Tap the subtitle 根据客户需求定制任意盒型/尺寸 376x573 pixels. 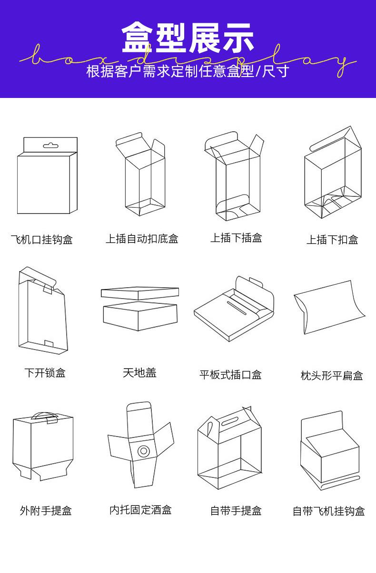click(x=188, y=72)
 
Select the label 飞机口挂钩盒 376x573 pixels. click(x=42, y=239)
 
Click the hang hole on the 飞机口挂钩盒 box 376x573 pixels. click(x=49, y=145)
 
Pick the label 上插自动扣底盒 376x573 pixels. click(x=142, y=239)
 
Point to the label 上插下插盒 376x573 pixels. click(x=236, y=238)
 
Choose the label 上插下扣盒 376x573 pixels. click(x=332, y=240)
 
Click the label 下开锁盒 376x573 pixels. click(x=45, y=373)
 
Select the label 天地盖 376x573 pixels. click(x=139, y=373)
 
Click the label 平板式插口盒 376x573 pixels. click(x=230, y=375)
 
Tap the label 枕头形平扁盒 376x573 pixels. click(x=332, y=376)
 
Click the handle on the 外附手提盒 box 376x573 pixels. click(x=45, y=416)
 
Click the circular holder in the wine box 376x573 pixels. click(x=142, y=450)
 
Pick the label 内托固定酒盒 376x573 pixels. click(x=140, y=510)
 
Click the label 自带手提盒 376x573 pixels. click(x=236, y=511)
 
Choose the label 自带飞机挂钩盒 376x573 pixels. click(x=328, y=512)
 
